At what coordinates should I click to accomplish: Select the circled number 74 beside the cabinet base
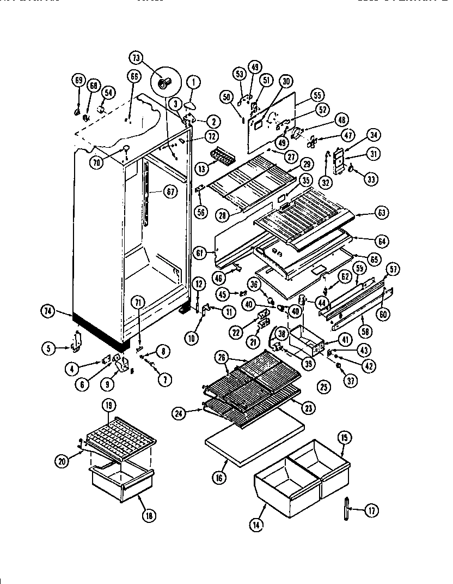click(x=48, y=312)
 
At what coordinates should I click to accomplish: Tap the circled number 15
click(x=344, y=437)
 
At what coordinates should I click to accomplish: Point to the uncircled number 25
click(x=324, y=387)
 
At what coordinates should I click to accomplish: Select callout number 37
click(x=351, y=381)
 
